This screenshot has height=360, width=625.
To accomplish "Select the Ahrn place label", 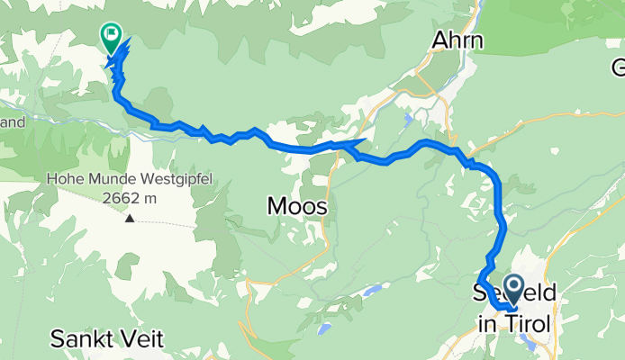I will (457, 41).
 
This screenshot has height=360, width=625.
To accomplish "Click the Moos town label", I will (296, 207).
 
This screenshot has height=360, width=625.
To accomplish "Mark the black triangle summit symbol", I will (131, 218).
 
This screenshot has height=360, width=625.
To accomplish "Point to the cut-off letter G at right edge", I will (619, 67).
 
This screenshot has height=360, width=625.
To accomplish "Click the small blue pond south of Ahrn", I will (411, 117).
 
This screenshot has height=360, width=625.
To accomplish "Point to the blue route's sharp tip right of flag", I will (129, 40).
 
